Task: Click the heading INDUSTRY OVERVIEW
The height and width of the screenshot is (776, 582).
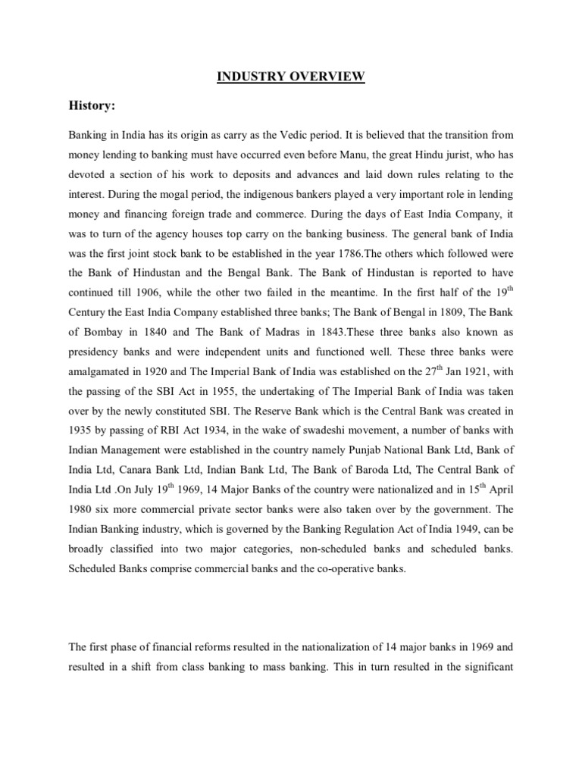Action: (291, 77)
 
